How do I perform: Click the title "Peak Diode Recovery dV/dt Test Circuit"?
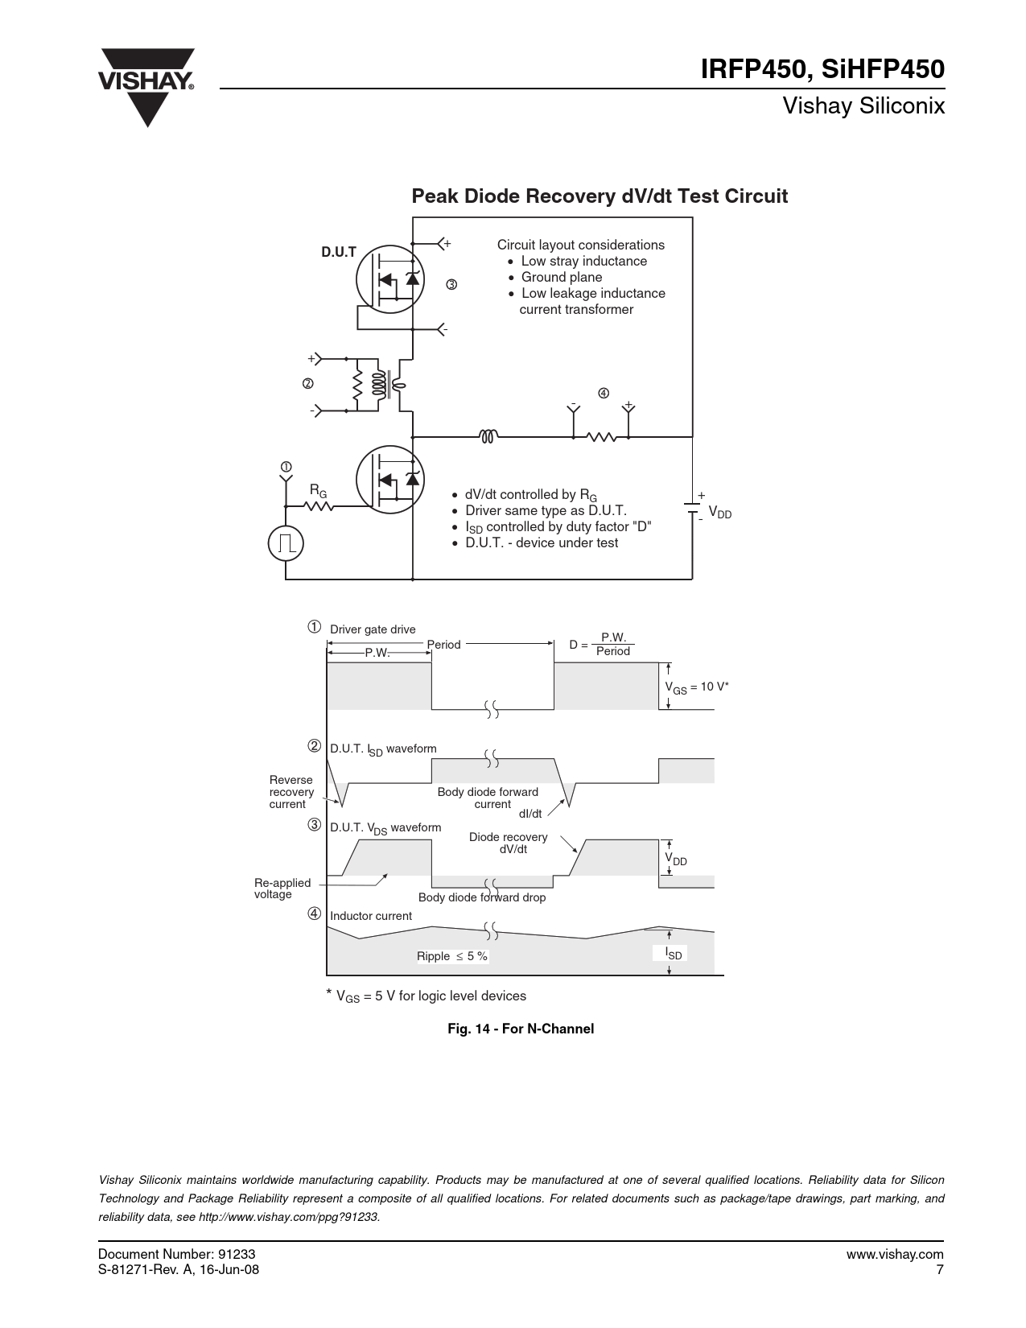600,196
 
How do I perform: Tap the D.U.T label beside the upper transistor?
339,252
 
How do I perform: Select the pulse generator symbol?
286,542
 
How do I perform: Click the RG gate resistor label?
318,491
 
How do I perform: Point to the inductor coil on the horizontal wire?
488,436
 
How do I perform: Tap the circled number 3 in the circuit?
451,284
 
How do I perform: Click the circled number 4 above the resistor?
604,393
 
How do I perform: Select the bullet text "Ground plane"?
562,278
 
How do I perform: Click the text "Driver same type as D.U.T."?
546,510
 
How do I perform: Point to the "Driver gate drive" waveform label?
373,629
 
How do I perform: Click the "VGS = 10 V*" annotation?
697,687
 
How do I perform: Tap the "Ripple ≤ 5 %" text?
452,956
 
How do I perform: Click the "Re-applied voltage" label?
282,889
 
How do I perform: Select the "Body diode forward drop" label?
482,897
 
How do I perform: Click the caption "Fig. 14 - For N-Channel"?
521,1029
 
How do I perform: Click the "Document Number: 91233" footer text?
176,1254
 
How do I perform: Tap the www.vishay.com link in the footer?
895,1254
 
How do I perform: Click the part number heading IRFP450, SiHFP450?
822,69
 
